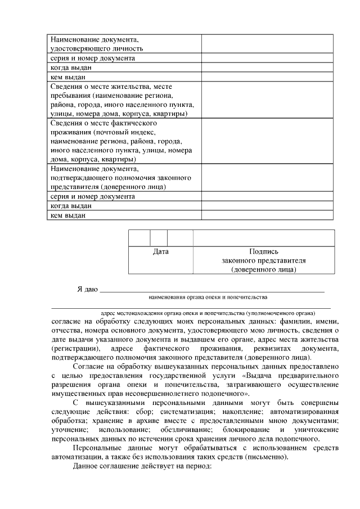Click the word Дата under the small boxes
point(161,252)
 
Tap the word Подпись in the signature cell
point(264,252)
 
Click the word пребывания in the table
point(70,96)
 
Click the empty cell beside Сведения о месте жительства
point(268,100)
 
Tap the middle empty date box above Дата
point(159,238)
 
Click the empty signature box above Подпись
point(264,238)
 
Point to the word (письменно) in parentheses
point(267,457)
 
